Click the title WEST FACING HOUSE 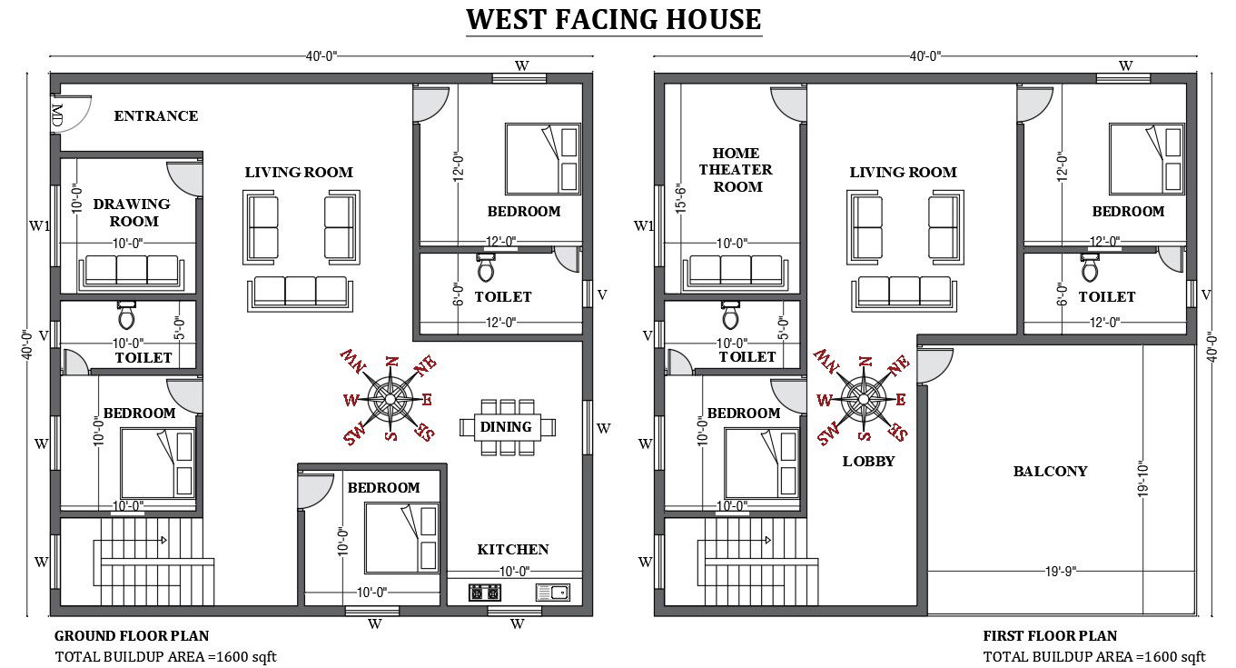(613, 19)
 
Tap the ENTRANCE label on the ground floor (155, 115)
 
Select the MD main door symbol (58, 115)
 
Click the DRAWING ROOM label (133, 212)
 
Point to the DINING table (507, 426)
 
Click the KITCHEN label (513, 549)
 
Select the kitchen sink (552, 593)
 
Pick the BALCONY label (1050, 471)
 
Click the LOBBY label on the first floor (868, 461)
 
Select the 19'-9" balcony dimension (1062, 572)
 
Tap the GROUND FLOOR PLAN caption (132, 635)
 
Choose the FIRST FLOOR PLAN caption (1050, 635)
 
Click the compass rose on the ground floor (391, 398)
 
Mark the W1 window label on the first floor (644, 225)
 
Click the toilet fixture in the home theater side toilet (730, 314)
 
